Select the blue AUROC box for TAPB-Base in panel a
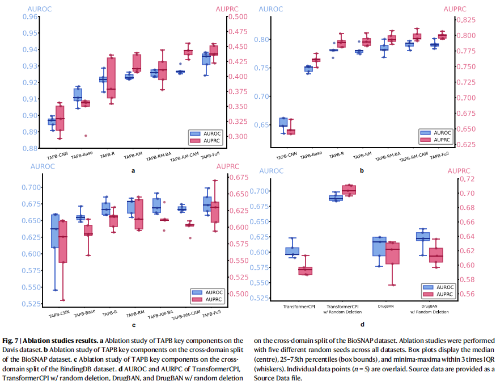(78, 94)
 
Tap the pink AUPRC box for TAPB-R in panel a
(111, 78)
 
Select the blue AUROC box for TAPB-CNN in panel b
(283, 122)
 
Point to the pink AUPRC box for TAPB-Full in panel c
(215, 212)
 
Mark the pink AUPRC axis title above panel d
(459, 170)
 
